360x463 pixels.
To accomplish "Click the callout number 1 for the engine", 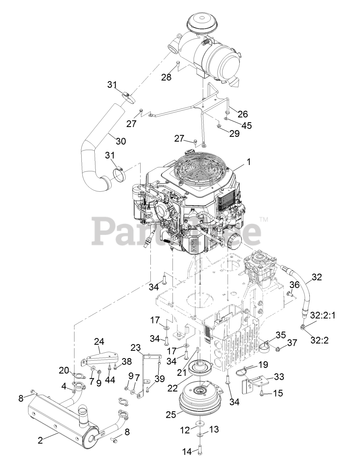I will [248, 163].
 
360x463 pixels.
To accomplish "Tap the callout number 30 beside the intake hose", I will [121, 141].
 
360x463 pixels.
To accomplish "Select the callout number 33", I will [279, 377].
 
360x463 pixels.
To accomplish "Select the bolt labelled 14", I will [200, 449].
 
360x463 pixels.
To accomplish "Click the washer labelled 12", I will [200, 424].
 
